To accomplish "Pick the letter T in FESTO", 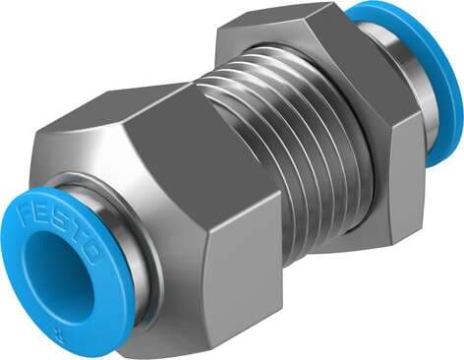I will [89, 235].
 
